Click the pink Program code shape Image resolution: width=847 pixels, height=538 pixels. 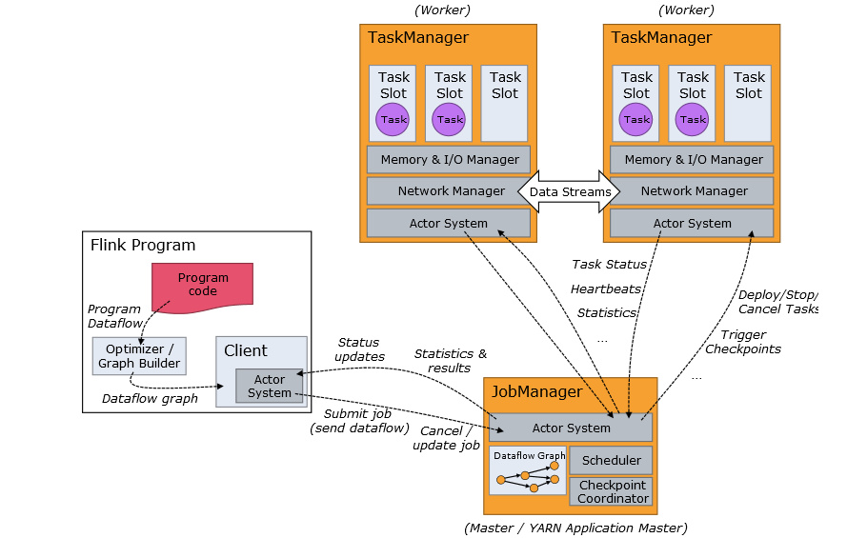pyautogui.click(x=202, y=285)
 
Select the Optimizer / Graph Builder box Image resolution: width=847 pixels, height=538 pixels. pyautogui.click(x=140, y=355)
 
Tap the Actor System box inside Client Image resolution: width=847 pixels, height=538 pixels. pyautogui.click(x=270, y=386)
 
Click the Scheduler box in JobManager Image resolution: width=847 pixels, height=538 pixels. pyautogui.click(x=611, y=461)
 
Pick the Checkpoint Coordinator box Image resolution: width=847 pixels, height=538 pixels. pyautogui.click(x=611, y=491)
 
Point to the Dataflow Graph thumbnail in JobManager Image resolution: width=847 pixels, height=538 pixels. pyautogui.click(x=528, y=470)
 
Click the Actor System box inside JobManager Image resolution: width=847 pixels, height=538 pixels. pyautogui.click(x=571, y=428)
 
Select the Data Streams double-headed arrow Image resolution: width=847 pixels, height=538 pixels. pyautogui.click(x=570, y=191)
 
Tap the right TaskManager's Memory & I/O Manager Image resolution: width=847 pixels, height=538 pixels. pyautogui.click(x=693, y=159)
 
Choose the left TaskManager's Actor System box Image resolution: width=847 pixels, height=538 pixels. pyautogui.click(x=448, y=224)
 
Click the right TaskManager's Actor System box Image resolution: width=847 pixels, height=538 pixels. pyautogui.click(x=692, y=224)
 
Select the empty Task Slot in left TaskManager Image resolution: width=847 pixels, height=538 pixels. pyautogui.click(x=505, y=103)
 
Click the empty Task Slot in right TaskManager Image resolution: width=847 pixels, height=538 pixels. pyautogui.click(x=748, y=103)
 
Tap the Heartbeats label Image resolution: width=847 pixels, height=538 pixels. pyautogui.click(x=606, y=289)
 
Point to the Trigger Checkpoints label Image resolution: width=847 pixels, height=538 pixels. pyautogui.click(x=742, y=342)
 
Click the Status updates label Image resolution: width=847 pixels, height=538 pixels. pyautogui.click(x=359, y=349)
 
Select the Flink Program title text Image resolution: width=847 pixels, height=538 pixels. pyautogui.click(x=142, y=246)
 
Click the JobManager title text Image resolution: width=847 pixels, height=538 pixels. pyautogui.click(x=535, y=391)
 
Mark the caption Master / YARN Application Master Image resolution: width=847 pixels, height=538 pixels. pyautogui.click(x=575, y=528)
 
